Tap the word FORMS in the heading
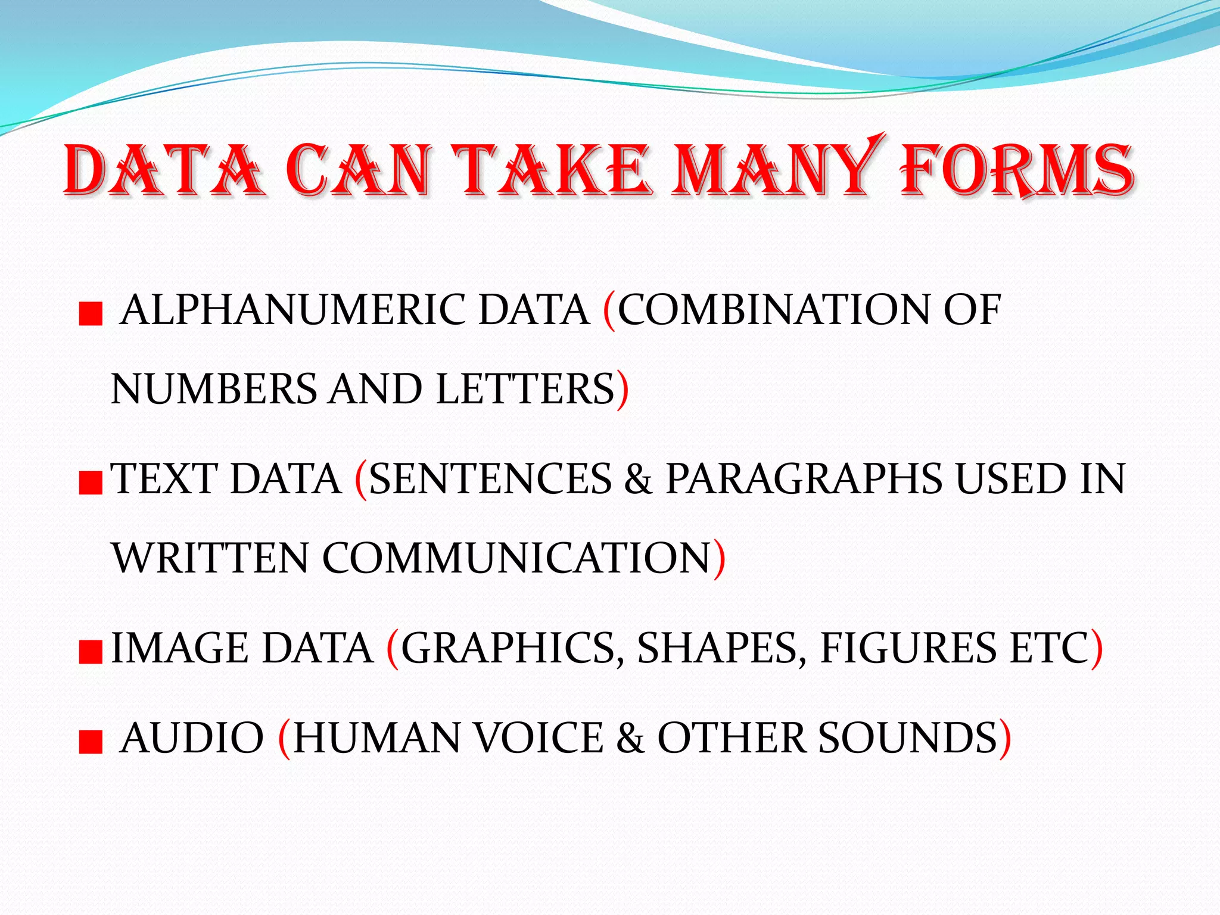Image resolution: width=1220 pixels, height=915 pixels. (x=1016, y=170)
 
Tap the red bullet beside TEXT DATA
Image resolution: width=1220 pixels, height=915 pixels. (x=91, y=483)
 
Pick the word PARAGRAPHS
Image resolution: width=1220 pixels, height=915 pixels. (x=804, y=479)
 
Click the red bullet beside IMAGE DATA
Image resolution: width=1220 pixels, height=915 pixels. (x=91, y=652)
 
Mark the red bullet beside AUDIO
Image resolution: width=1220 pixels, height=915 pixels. (x=91, y=742)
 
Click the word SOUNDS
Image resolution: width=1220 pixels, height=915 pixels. (x=908, y=738)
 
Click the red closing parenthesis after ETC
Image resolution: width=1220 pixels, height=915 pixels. (x=1096, y=649)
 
